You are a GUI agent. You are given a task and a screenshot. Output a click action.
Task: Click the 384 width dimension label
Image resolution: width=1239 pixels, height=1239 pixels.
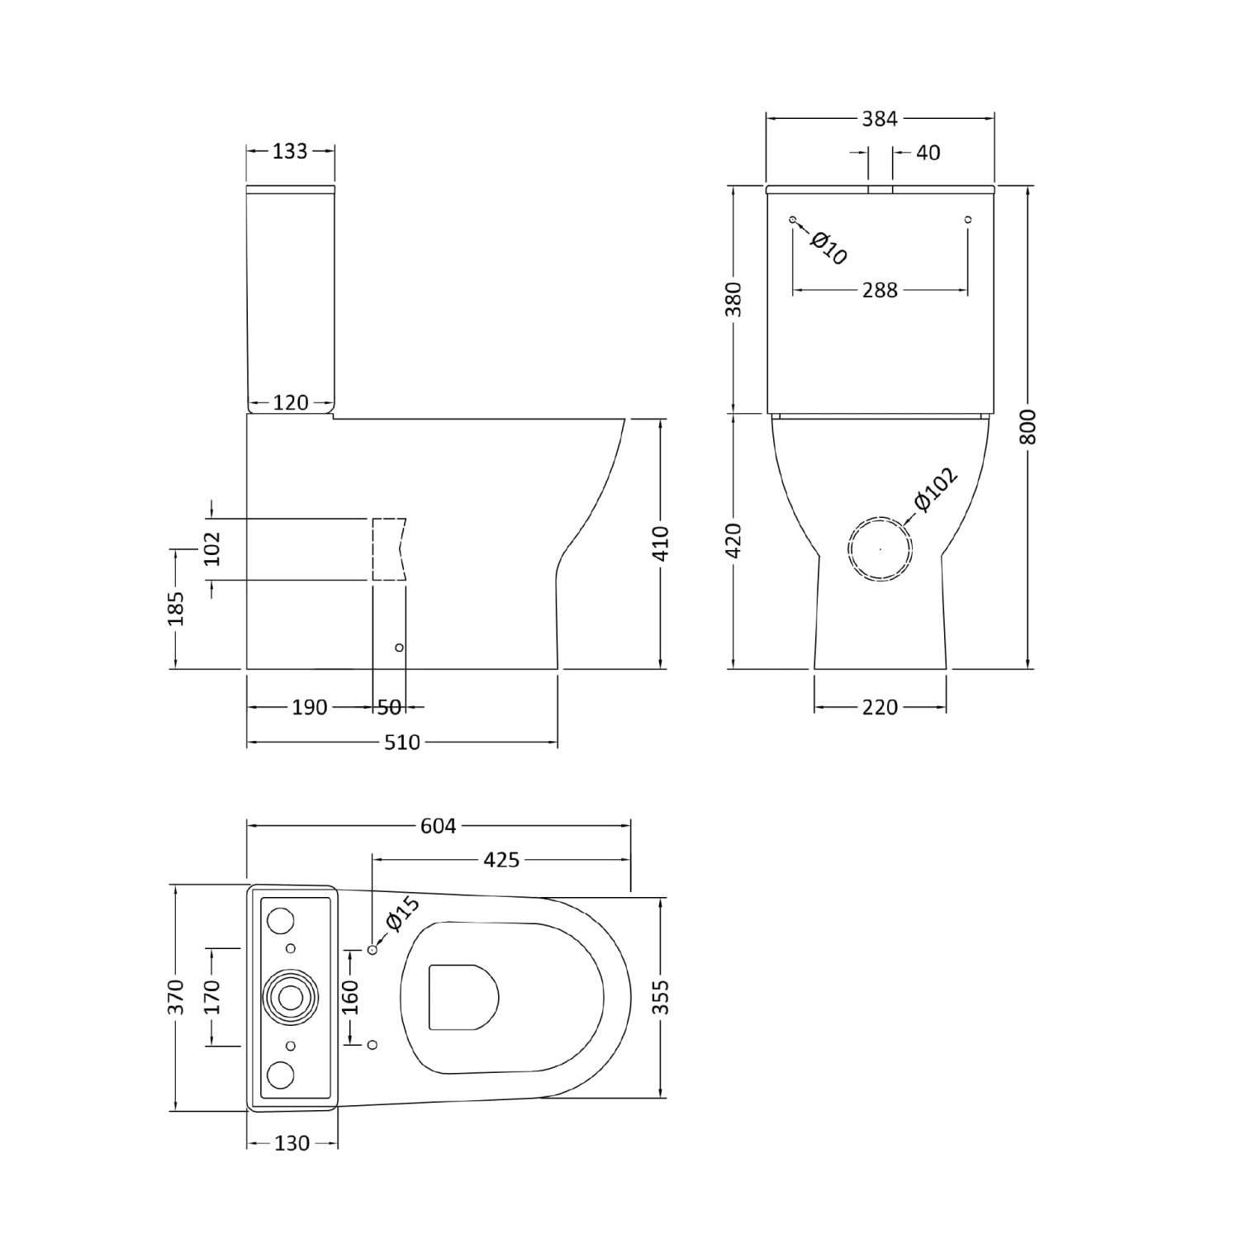click(880, 119)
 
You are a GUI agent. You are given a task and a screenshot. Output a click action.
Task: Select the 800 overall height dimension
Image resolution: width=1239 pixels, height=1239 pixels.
click(1028, 427)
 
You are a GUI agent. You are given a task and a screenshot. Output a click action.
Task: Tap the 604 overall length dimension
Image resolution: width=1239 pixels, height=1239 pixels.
click(438, 825)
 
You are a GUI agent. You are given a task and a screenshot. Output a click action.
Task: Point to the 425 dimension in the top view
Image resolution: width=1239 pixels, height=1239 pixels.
click(501, 860)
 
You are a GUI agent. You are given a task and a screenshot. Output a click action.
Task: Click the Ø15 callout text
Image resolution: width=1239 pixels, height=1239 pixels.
click(403, 914)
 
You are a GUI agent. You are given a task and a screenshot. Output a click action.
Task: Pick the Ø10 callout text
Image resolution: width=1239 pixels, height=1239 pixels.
click(828, 248)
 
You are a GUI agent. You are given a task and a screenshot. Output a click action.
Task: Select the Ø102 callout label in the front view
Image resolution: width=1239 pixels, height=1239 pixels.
click(936, 489)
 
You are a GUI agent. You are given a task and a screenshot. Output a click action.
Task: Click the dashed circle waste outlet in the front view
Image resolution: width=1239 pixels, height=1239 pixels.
click(880, 549)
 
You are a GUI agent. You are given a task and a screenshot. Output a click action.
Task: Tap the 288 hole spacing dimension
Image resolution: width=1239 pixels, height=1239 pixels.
click(880, 291)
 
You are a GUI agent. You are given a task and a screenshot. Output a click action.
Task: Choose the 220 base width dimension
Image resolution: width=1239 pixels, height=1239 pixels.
click(880, 708)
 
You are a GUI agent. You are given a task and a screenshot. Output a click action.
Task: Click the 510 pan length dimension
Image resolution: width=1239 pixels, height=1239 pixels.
click(402, 743)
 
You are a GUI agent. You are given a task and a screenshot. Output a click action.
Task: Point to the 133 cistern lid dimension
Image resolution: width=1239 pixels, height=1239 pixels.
click(290, 151)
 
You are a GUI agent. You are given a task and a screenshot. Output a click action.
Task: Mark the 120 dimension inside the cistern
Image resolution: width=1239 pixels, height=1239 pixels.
click(290, 403)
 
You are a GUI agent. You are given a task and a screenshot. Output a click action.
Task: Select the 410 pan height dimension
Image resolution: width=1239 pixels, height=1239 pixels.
click(661, 543)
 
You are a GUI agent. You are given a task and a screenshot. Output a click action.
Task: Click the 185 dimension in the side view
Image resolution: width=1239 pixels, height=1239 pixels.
click(177, 608)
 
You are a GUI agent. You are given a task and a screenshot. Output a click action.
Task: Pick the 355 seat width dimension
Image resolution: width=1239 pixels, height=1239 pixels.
click(661, 997)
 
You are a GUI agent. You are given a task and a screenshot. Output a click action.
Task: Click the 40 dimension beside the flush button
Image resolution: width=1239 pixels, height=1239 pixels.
click(928, 153)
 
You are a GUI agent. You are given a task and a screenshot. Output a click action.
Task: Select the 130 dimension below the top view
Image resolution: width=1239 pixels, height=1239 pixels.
click(292, 1144)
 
